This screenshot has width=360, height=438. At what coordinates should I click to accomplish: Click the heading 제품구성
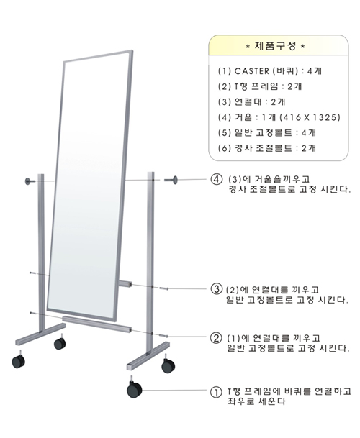pyautogui.click(x=275, y=46)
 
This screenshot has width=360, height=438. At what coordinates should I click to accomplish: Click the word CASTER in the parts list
pyautogui.click(x=252, y=71)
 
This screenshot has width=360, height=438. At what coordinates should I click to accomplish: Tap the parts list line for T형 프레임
pyautogui.click(x=260, y=86)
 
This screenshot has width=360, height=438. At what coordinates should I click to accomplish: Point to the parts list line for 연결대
pyautogui.click(x=252, y=102)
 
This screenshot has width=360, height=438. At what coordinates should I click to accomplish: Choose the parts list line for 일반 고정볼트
pyautogui.click(x=267, y=132)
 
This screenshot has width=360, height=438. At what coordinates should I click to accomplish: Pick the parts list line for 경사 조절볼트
pyautogui.click(x=267, y=148)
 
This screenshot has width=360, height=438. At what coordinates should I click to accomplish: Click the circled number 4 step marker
pyautogui.click(x=216, y=179)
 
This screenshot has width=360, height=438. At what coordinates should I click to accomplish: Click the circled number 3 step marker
pyautogui.click(x=216, y=289)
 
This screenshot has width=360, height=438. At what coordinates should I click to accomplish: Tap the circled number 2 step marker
pyautogui.click(x=216, y=338)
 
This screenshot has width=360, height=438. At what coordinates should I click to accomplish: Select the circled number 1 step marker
pyautogui.click(x=216, y=393)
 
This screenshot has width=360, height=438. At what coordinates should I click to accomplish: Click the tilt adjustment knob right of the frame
pyautogui.click(x=171, y=180)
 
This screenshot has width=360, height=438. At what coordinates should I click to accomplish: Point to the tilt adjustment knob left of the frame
pyautogui.click(x=30, y=181)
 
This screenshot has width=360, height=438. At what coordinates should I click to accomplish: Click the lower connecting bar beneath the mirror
pyautogui.click(x=96, y=324)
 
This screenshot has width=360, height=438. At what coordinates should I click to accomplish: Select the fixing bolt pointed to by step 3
pyautogui.click(x=163, y=288)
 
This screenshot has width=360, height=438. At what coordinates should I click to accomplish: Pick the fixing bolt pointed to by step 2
pyautogui.click(x=163, y=336)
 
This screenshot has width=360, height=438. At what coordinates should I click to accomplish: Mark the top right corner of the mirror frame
pyautogui.click(x=132, y=50)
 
